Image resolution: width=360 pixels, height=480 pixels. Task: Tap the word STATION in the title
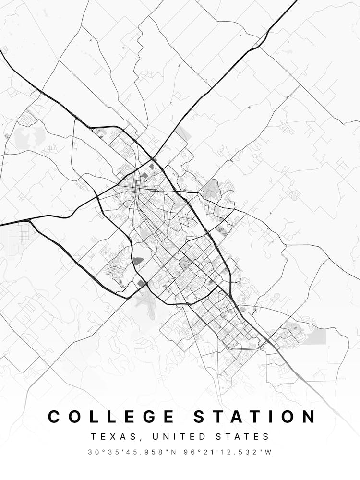[x=255, y=416]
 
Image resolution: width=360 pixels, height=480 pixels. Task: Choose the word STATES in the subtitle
[x=244, y=437]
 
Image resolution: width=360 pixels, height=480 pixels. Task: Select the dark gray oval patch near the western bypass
[x=138, y=261]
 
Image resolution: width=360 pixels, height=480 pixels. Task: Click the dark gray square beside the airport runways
[x=142, y=284]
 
